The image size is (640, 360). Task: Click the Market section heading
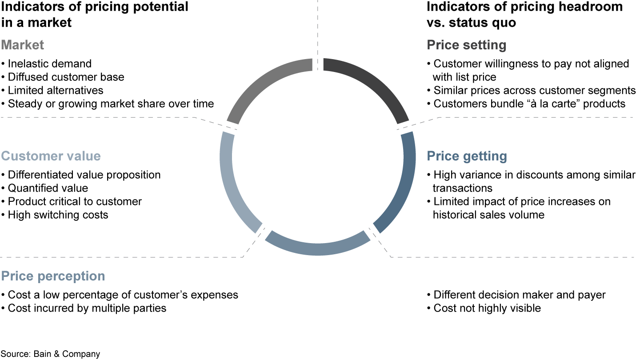23,45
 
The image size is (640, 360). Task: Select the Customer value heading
51,156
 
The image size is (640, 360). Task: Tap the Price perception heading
53,276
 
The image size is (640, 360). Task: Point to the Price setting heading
466,45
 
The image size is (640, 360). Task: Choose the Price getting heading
467,156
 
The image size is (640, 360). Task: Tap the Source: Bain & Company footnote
50,354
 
